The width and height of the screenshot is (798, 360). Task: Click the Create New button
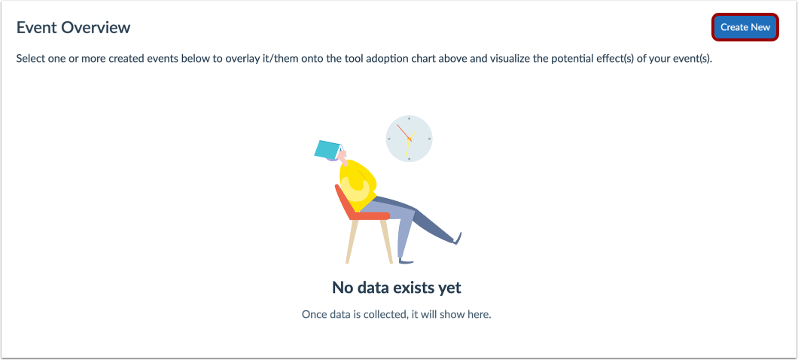click(745, 27)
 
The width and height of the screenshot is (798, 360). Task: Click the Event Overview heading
click(73, 28)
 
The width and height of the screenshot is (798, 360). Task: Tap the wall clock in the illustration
click(409, 138)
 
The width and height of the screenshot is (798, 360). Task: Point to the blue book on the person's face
click(328, 148)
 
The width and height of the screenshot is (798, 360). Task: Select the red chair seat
click(369, 216)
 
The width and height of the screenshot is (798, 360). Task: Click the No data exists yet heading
click(397, 288)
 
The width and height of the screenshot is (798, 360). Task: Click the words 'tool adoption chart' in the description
click(382, 58)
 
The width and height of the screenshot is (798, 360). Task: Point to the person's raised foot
click(457, 238)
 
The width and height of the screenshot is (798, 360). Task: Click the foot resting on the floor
click(407, 261)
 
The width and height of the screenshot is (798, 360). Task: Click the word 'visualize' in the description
click(510, 58)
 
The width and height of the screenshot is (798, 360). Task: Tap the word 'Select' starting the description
click(29, 58)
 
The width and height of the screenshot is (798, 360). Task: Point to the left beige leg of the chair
click(352, 241)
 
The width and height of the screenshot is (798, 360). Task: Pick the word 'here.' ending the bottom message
click(480, 314)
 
